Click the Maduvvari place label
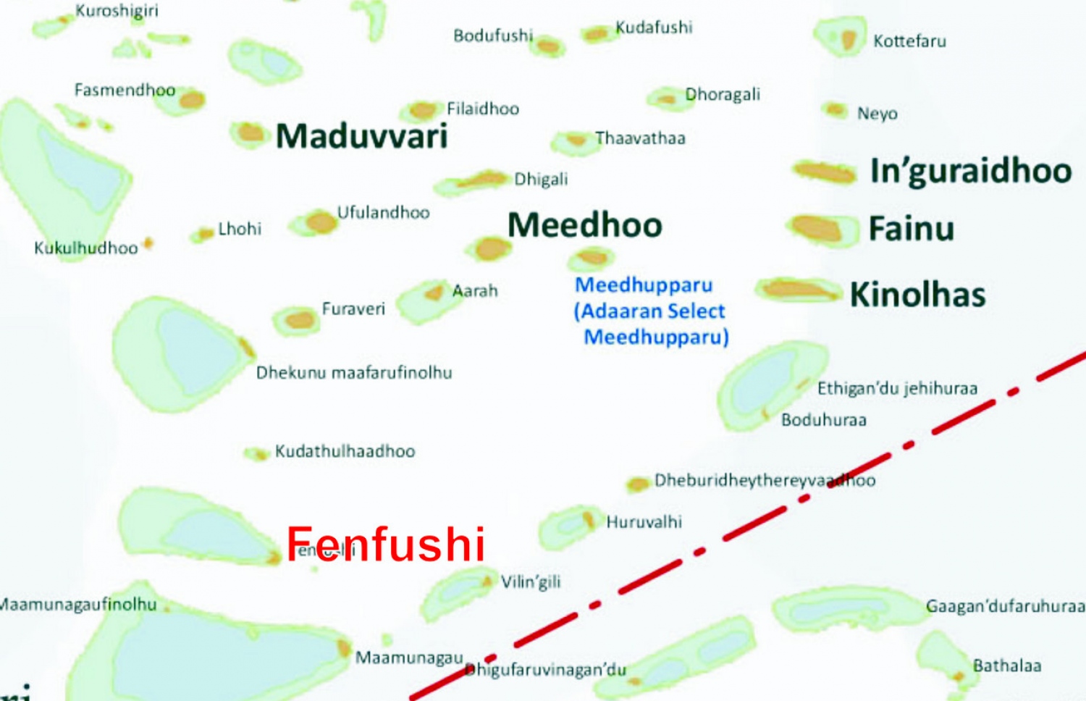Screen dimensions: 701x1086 tap(361, 136)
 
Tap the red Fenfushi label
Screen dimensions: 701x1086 tap(385, 544)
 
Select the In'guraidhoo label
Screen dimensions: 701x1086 tap(970, 171)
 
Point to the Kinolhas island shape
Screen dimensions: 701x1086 tap(797, 290)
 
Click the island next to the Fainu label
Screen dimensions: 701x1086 tap(817, 228)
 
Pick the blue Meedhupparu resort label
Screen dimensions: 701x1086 tap(650, 311)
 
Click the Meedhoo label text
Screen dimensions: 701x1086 tap(584, 225)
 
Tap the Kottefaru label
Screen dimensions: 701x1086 tap(909, 41)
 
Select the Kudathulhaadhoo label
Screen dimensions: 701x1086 tap(345, 452)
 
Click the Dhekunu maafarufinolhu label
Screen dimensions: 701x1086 tap(354, 373)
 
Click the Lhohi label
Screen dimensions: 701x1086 tap(240, 230)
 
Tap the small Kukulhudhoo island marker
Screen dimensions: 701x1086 tap(148, 243)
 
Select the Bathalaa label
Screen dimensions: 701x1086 tap(1006, 666)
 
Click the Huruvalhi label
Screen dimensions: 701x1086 tap(644, 522)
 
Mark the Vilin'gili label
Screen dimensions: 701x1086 tap(531, 582)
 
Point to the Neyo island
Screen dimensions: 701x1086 tap(835, 109)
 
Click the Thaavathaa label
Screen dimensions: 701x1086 tap(640, 138)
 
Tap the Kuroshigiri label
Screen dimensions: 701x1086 tap(117, 11)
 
